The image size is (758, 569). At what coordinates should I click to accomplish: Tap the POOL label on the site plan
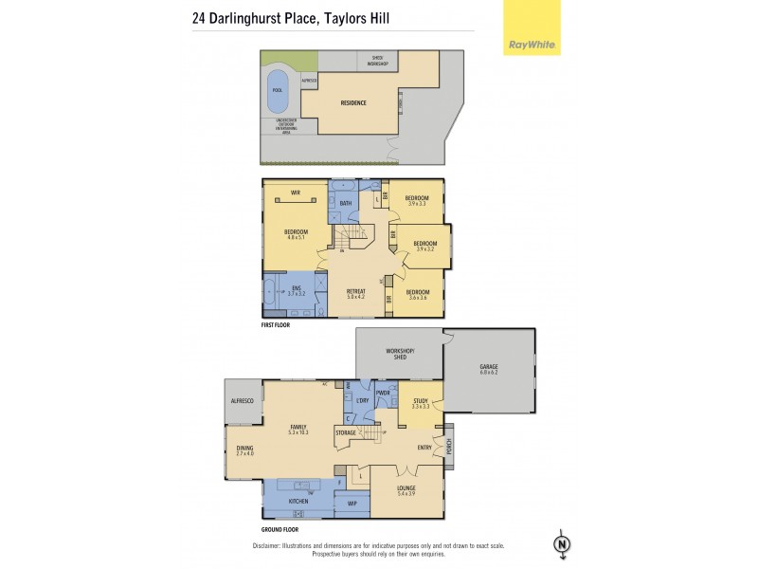pos(278,91)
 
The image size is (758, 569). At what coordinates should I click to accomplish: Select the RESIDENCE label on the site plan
pos(353,102)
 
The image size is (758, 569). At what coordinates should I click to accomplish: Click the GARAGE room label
pos(489,368)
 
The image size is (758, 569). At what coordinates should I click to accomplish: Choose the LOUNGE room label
pos(406,489)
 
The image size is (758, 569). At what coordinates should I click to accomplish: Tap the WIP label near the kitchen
pos(352,504)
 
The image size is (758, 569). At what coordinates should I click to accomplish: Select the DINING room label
pos(245,450)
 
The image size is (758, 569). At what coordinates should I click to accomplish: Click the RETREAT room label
pos(355,292)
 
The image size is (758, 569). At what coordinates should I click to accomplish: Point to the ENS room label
pos(296,289)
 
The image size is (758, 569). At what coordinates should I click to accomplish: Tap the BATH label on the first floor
pos(346,203)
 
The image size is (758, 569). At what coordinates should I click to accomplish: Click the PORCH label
pos(448,443)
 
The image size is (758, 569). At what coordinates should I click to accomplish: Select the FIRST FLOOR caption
pos(277,324)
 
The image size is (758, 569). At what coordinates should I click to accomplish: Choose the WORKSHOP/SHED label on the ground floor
pos(401,353)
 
